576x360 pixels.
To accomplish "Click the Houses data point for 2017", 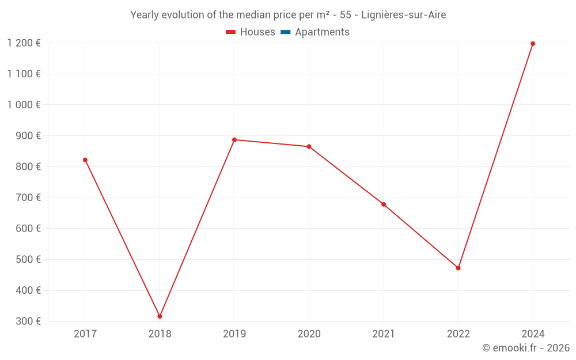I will pyautogui.click(x=85, y=160).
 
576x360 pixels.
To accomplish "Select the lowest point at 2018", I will pyautogui.click(x=160, y=316).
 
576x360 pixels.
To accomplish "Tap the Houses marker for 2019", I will pyautogui.click(x=234, y=140).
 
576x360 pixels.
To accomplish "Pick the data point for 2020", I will pyautogui.click(x=309, y=147).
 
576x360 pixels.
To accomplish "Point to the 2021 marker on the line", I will pyautogui.click(x=384, y=204).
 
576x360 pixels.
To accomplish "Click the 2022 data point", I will pyautogui.click(x=458, y=268).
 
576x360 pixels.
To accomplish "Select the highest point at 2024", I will pyautogui.click(x=533, y=44).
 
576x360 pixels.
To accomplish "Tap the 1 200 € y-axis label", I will pyautogui.click(x=24, y=43).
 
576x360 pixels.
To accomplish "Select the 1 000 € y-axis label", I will pyautogui.click(x=24, y=105).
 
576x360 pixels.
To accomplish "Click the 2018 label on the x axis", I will pyautogui.click(x=160, y=334).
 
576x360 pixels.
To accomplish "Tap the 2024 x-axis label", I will pyautogui.click(x=533, y=334).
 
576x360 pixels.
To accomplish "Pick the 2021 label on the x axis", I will pyautogui.click(x=384, y=334).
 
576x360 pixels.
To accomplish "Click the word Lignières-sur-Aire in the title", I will pyautogui.click(x=403, y=15).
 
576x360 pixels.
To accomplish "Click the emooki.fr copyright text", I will pyautogui.click(x=526, y=348).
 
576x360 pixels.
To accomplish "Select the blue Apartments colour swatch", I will pyautogui.click(x=285, y=32).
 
